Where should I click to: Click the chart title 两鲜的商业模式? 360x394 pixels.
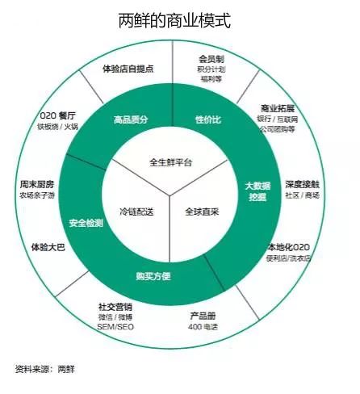pyautogui.click(x=174, y=20)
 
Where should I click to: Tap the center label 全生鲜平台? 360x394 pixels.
pyautogui.click(x=170, y=162)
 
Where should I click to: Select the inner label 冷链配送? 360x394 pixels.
pyautogui.click(x=136, y=212)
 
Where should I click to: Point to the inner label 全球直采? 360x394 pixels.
pyautogui.click(x=202, y=212)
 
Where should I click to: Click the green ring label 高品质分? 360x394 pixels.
pyautogui.click(x=131, y=119)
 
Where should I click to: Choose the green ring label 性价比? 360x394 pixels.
pyautogui.click(x=208, y=119)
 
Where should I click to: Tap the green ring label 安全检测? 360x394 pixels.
pyautogui.click(x=86, y=223)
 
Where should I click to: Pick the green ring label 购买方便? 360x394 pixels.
pyautogui.click(x=153, y=276)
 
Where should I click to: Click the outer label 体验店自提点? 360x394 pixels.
pyautogui.click(x=128, y=69)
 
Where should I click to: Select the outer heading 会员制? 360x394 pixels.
pyautogui.click(x=211, y=59)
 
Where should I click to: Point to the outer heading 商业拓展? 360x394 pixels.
pyautogui.click(x=278, y=108)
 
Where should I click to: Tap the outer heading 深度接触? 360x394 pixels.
pyautogui.click(x=303, y=185)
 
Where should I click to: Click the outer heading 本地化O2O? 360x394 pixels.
pyautogui.click(x=288, y=247)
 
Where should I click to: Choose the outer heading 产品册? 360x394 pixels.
pyautogui.click(x=203, y=316)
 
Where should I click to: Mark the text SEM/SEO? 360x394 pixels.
pyautogui.click(x=115, y=327)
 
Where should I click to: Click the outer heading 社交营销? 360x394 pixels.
pyautogui.click(x=115, y=307)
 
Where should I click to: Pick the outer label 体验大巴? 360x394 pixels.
pyautogui.click(x=48, y=247)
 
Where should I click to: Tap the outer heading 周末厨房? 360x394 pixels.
pyautogui.click(x=37, y=185)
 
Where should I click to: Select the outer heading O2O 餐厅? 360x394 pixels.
pyautogui.click(x=58, y=116)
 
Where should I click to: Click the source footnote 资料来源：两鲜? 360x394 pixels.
pyautogui.click(x=45, y=369)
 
